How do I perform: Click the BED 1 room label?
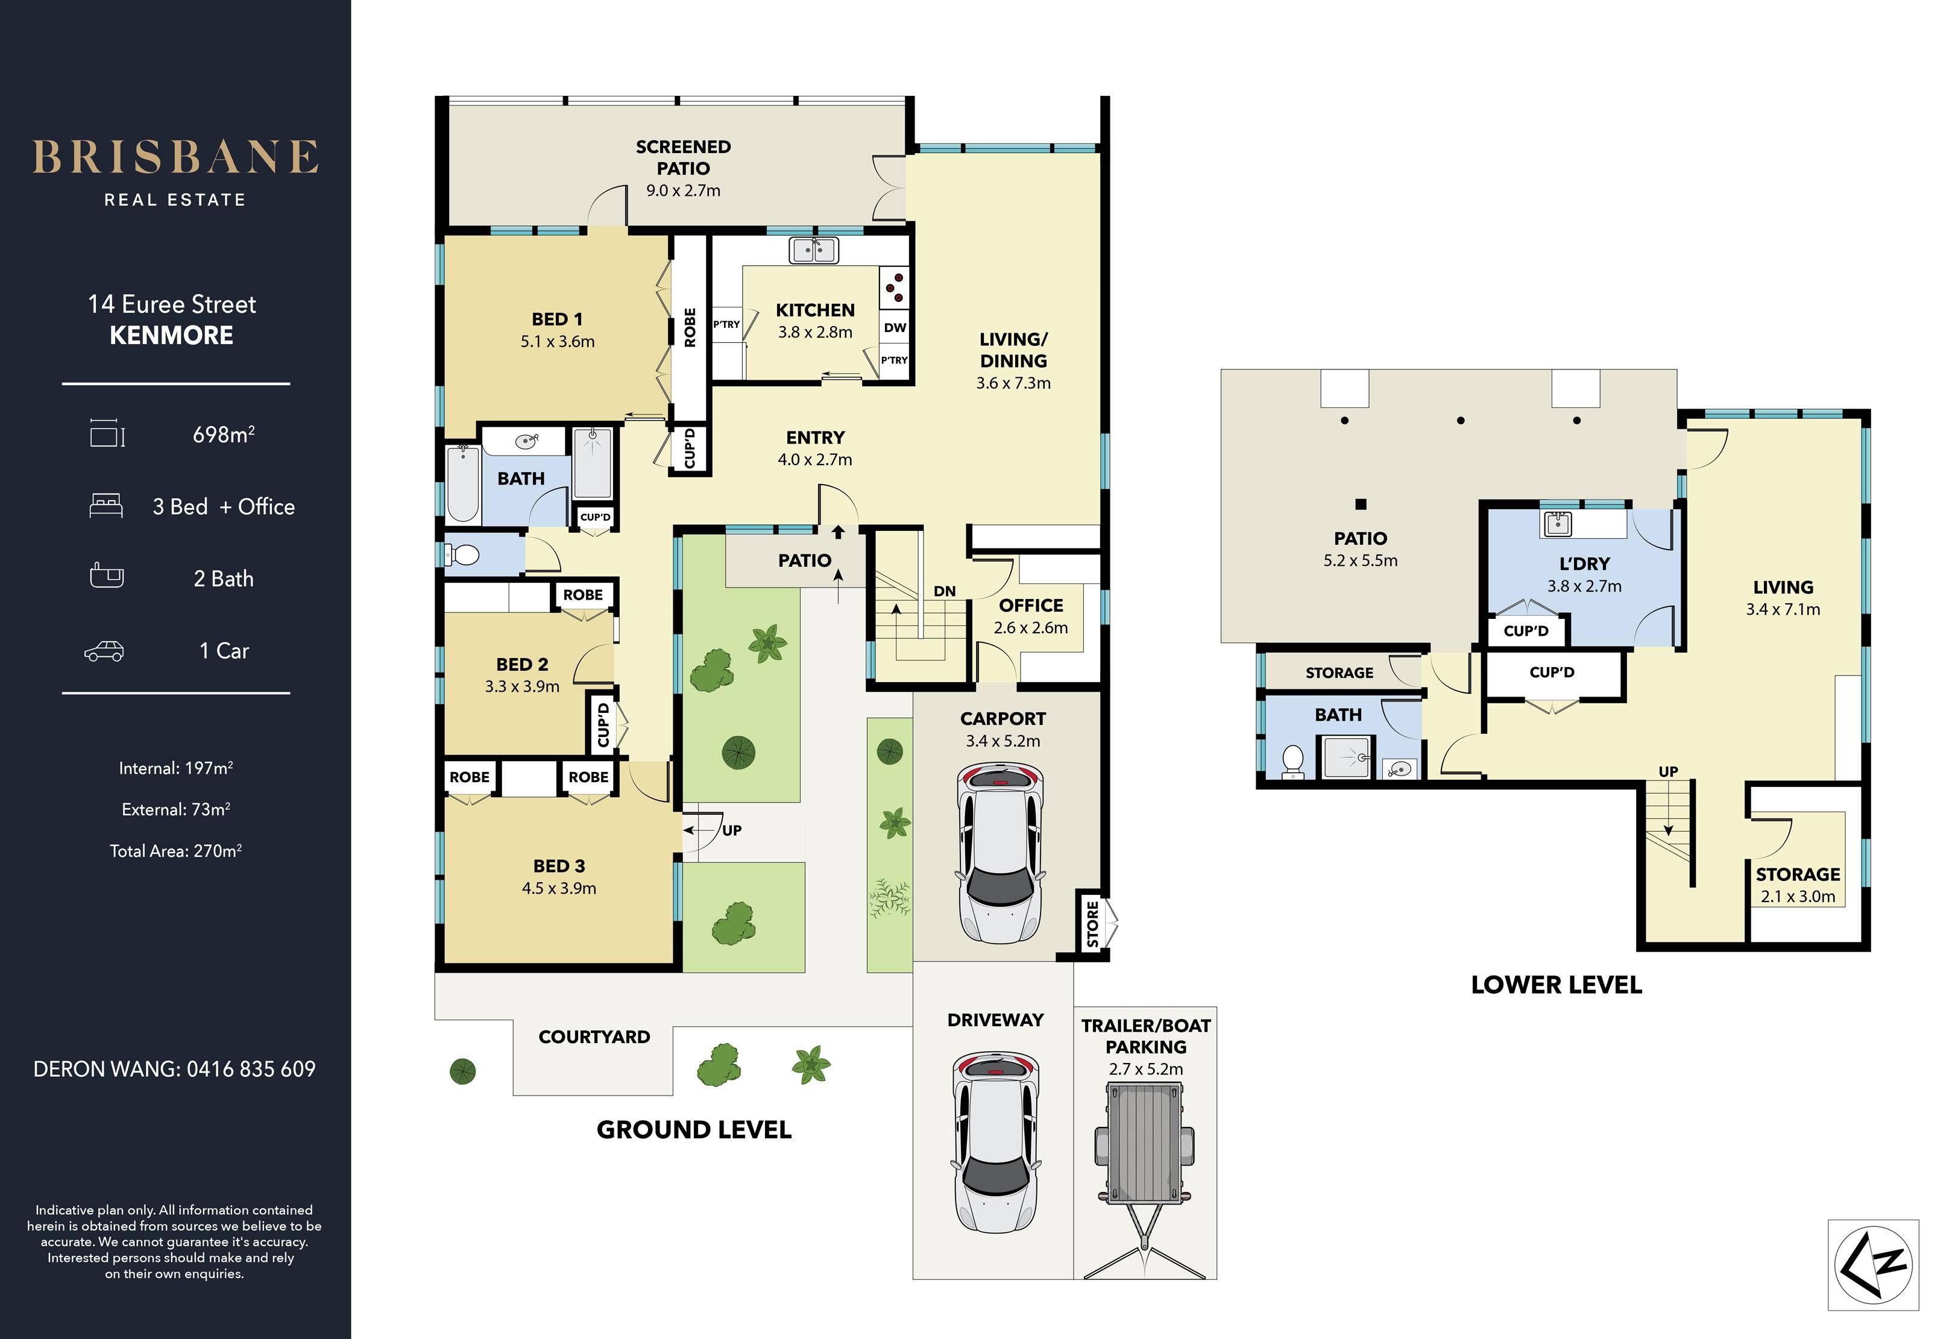(x=557, y=319)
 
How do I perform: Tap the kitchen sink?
(x=813, y=250)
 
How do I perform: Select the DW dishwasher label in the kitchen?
(x=895, y=328)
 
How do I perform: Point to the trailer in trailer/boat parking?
(x=1144, y=1178)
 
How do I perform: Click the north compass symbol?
(x=1874, y=1265)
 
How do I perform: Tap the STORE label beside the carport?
(x=1092, y=924)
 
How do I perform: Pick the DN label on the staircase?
(x=945, y=591)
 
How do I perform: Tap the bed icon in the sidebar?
(x=106, y=506)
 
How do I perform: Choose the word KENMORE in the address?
(x=172, y=336)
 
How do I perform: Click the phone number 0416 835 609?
(x=251, y=1069)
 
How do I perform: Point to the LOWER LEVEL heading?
(x=1557, y=985)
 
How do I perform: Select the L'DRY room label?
(x=1584, y=563)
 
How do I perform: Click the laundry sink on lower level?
(x=1558, y=523)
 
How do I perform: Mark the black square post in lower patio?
(x=1360, y=504)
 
